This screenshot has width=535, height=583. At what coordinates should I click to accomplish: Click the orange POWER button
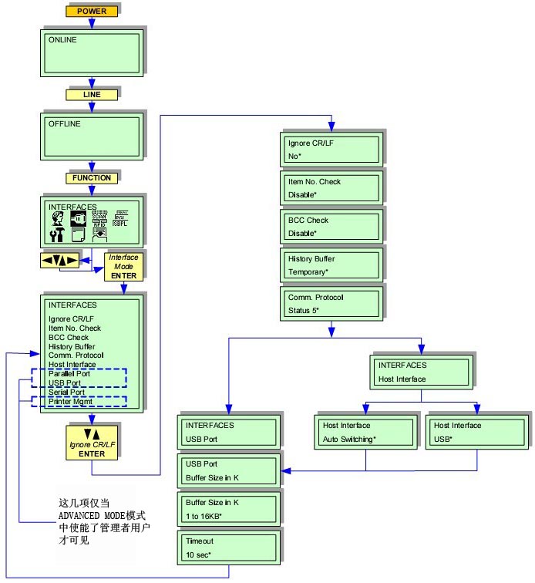pos(92,11)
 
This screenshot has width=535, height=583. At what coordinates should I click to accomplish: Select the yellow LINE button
pos(92,95)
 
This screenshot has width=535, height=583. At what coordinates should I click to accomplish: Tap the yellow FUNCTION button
pos(92,178)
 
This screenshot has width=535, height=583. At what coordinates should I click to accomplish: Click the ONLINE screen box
pos(92,52)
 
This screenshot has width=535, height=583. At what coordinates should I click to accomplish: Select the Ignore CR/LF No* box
pos(332,148)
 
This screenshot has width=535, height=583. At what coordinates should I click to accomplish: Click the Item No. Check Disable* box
pos(332,187)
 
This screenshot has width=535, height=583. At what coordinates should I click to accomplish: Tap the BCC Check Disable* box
pos(332,226)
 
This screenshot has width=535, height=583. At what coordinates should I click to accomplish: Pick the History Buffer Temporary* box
pos(332,265)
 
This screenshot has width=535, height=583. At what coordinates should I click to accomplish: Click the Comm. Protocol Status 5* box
pos(332,303)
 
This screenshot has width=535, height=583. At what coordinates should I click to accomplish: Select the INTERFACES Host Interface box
pos(421,371)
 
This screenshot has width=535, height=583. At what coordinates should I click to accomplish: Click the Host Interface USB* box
pos(476,432)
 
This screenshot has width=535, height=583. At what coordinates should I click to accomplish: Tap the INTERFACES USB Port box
pos(227,432)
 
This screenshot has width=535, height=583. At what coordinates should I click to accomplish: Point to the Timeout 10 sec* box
pos(227,548)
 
